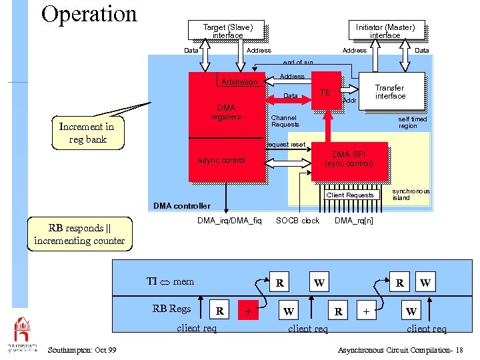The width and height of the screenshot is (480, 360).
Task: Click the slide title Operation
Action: (89, 14)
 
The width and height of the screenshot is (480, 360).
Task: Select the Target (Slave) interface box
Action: (228, 31)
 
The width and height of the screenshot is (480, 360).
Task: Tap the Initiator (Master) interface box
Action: (385, 31)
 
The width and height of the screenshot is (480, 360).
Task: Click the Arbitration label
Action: (239, 82)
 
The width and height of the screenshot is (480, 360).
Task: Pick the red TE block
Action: (326, 91)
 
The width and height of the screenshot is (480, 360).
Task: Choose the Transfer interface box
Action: (390, 92)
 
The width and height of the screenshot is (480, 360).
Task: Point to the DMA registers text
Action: (225, 112)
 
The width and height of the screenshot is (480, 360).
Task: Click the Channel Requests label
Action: (285, 121)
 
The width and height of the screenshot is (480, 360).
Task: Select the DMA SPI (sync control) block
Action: (349, 159)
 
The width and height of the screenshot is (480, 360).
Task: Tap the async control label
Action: (222, 160)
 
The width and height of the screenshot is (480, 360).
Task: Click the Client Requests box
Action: (350, 195)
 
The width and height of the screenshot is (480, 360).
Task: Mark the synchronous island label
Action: (411, 194)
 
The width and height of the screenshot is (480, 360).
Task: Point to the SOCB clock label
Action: (297, 221)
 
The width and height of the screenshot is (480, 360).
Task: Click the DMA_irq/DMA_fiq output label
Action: (229, 221)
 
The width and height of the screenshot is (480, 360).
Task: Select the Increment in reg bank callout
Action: (87, 133)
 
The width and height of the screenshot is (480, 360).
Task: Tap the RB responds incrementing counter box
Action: (79, 235)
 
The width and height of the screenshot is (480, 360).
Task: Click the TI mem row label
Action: (170, 281)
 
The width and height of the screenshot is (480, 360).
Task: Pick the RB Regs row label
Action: (171, 308)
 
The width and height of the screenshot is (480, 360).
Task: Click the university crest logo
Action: (22, 330)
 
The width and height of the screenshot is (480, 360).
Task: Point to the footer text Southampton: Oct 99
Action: (83, 350)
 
